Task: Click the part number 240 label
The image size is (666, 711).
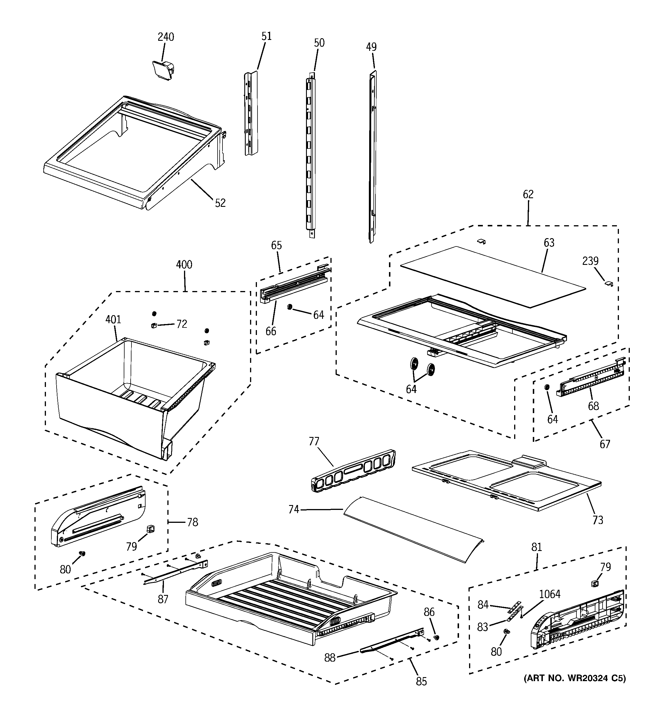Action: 166,37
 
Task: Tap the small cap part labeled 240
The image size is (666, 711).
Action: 163,69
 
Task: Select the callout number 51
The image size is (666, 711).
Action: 266,36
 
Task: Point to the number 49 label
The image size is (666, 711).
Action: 371,47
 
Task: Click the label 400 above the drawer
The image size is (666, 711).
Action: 184,265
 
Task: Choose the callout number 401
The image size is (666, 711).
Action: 113,319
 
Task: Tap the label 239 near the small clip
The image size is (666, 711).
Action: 590,261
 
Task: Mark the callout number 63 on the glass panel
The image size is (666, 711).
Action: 549,243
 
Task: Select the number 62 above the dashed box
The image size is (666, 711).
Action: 528,194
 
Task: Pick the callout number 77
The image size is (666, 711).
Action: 313,442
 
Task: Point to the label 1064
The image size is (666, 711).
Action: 549,594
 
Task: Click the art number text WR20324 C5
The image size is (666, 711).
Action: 574,678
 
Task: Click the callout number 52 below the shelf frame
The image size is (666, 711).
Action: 220,203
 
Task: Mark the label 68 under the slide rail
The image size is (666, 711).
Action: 593,406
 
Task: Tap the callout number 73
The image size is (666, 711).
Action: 598,520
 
